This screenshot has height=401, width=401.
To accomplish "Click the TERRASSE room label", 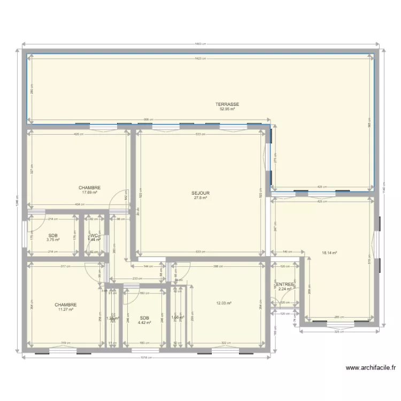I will pos(227,104).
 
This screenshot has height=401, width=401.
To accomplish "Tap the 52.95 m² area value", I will pos(227,109).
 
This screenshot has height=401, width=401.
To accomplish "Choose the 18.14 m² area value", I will pos(329,254).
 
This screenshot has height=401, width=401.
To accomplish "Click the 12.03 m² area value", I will pos(223,303).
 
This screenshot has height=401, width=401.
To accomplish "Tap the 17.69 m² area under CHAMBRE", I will pos(89,192).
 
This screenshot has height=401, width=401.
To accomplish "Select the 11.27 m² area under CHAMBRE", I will pos(65,309).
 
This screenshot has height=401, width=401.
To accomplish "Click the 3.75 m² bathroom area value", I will pos(52,240).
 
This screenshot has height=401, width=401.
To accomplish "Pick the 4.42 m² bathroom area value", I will pos(144,322).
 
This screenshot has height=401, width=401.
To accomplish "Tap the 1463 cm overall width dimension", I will pos(200,44).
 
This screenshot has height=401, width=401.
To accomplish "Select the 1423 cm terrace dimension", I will pos(200,58).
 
